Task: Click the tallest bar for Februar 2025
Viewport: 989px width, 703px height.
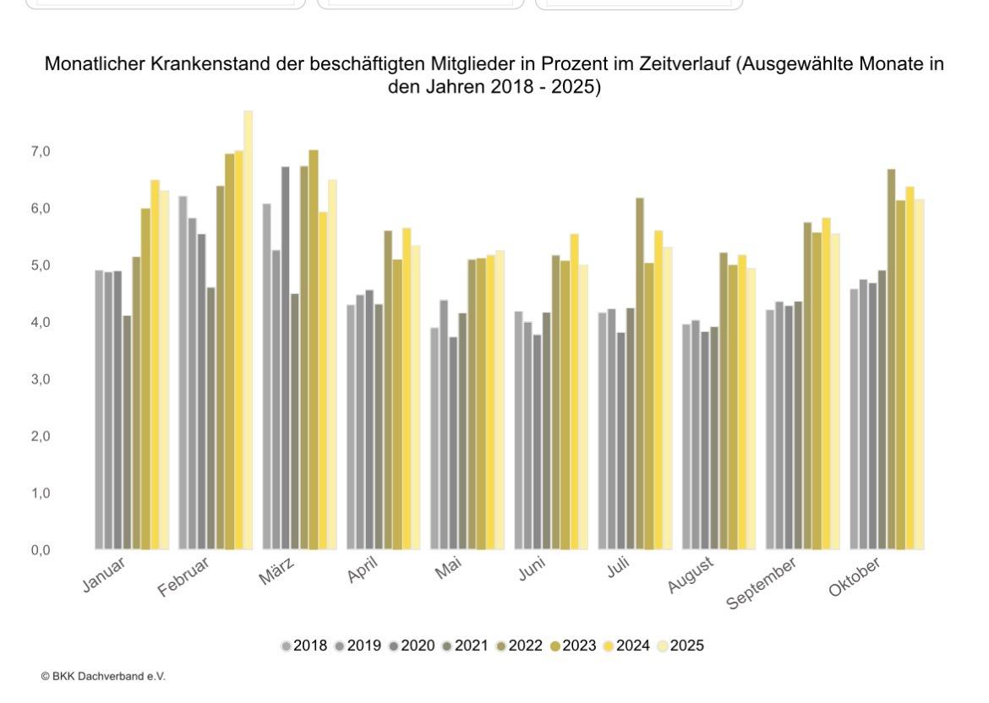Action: pos(248,330)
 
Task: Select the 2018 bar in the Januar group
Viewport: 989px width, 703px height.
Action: pos(99,410)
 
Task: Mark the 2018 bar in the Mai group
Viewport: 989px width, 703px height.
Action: pos(434,439)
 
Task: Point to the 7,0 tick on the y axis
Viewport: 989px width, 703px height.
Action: pos(40,152)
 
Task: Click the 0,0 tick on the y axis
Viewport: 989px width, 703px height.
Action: pos(40,550)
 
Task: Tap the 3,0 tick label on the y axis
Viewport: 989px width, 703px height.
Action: pos(40,379)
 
